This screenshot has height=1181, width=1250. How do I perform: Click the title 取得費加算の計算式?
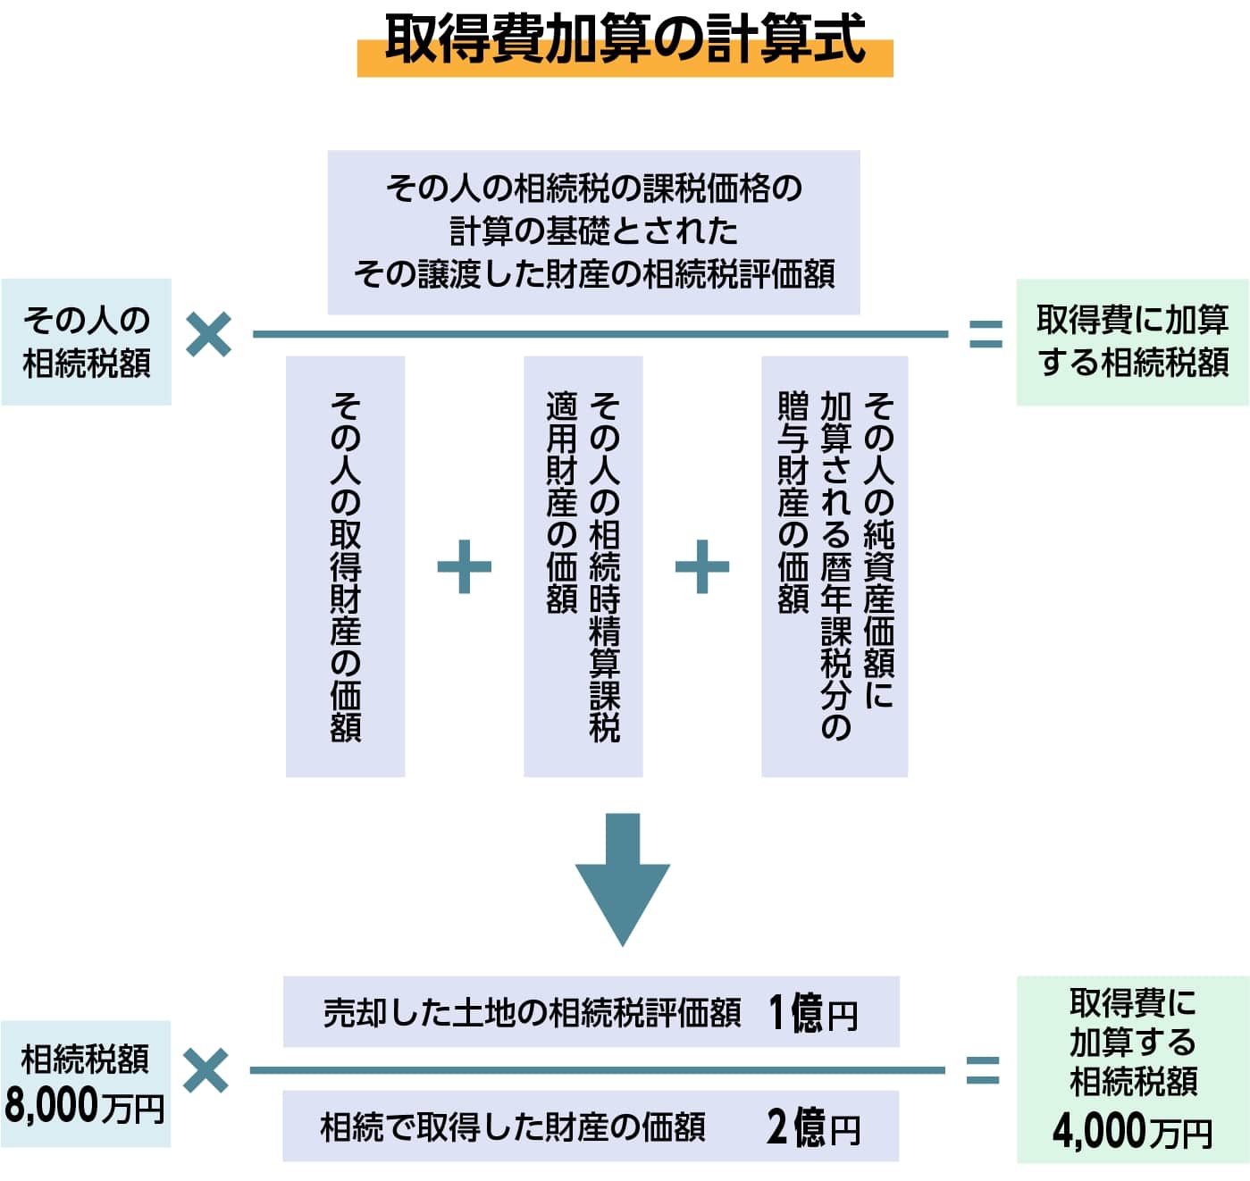(x=625, y=39)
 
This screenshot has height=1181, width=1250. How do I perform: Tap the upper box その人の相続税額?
(x=87, y=342)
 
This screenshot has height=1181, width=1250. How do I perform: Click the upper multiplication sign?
(x=209, y=334)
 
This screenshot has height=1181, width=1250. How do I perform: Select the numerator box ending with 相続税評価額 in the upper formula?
(x=593, y=231)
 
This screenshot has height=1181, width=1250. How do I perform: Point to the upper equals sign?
(x=986, y=334)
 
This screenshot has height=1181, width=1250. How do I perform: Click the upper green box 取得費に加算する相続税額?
(x=1132, y=342)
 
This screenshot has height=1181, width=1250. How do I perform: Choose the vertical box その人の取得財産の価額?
(x=345, y=566)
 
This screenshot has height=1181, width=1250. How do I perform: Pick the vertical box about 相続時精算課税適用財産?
(x=583, y=566)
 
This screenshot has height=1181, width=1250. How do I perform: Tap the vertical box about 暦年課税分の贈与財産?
(x=834, y=566)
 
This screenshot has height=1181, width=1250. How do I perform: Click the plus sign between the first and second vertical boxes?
(x=464, y=566)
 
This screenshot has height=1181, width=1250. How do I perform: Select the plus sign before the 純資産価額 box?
(x=701, y=566)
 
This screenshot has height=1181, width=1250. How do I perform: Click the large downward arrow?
(x=623, y=879)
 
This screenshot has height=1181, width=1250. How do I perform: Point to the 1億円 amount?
(x=812, y=1013)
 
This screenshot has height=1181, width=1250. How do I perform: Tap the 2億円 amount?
(x=812, y=1127)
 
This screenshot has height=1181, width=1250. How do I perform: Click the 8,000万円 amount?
(x=84, y=1105)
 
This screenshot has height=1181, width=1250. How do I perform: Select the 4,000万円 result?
(x=1132, y=1131)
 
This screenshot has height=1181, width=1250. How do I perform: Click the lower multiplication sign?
(x=206, y=1070)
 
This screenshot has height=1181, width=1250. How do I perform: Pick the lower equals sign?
(x=983, y=1070)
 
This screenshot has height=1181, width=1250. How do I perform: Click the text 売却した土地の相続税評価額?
(x=532, y=1014)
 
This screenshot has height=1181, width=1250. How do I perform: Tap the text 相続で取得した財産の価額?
(x=513, y=1127)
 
